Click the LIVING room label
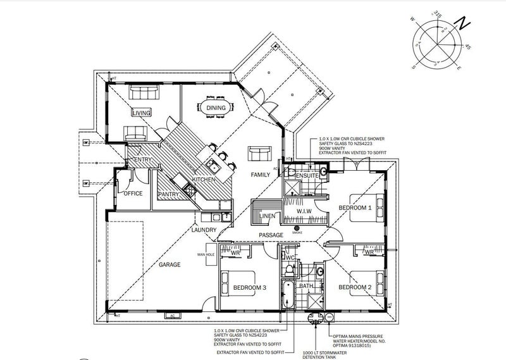141,113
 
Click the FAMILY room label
261,173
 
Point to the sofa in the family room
259,153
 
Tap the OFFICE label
133,193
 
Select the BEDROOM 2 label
354,287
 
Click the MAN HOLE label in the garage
206,254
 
